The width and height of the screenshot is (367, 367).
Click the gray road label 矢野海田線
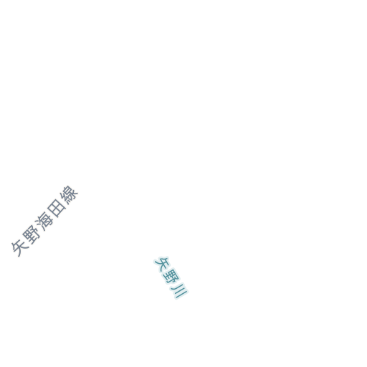click(x=44, y=221)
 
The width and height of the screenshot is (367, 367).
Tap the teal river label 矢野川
click(x=171, y=277)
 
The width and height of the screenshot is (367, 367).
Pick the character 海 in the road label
click(x=44, y=221)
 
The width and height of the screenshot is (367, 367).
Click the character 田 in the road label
click(x=57, y=209)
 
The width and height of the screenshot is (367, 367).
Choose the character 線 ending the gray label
click(x=69, y=195)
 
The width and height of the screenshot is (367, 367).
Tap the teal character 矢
click(x=161, y=264)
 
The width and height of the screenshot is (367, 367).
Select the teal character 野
click(x=171, y=277)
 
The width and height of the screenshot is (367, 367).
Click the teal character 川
click(x=179, y=291)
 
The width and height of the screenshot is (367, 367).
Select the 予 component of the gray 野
click(x=35, y=232)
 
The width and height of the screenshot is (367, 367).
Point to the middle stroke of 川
click(x=179, y=291)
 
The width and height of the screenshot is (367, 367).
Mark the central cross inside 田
click(x=57, y=209)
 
